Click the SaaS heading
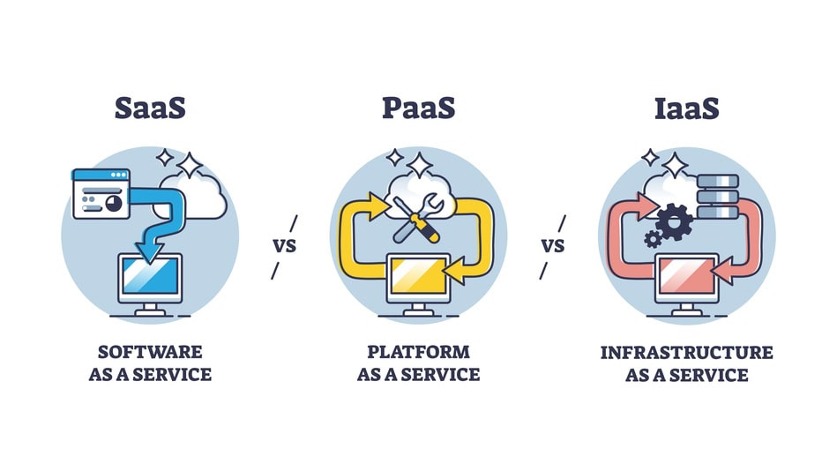(x=150, y=108)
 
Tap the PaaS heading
(x=418, y=108)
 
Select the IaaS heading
(x=686, y=108)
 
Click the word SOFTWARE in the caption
(x=151, y=352)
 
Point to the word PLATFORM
(x=418, y=352)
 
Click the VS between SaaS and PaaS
(x=284, y=246)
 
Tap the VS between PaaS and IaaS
(x=553, y=246)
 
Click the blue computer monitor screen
(x=150, y=278)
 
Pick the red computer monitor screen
(x=687, y=278)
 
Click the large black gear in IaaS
(x=674, y=220)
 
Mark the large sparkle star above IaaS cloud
(x=676, y=165)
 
